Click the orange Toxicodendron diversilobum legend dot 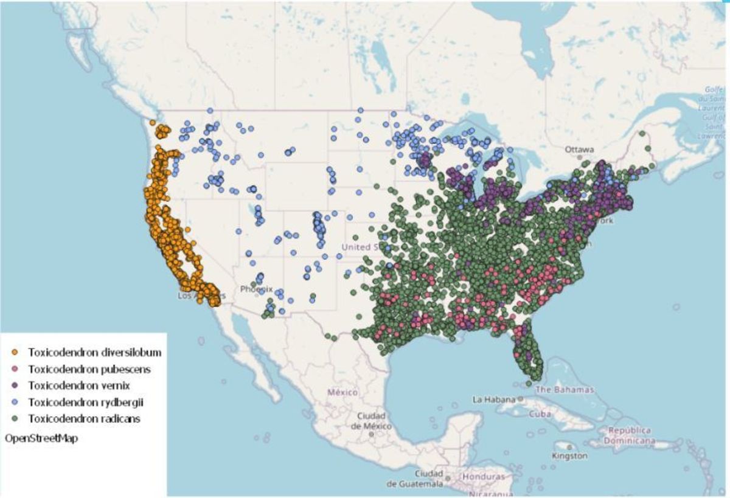(15, 352)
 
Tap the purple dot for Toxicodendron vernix (15, 386)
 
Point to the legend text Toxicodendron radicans (85, 418)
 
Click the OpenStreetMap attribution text (41, 437)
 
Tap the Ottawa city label (579, 149)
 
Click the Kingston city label (569, 455)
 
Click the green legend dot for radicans (15, 419)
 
